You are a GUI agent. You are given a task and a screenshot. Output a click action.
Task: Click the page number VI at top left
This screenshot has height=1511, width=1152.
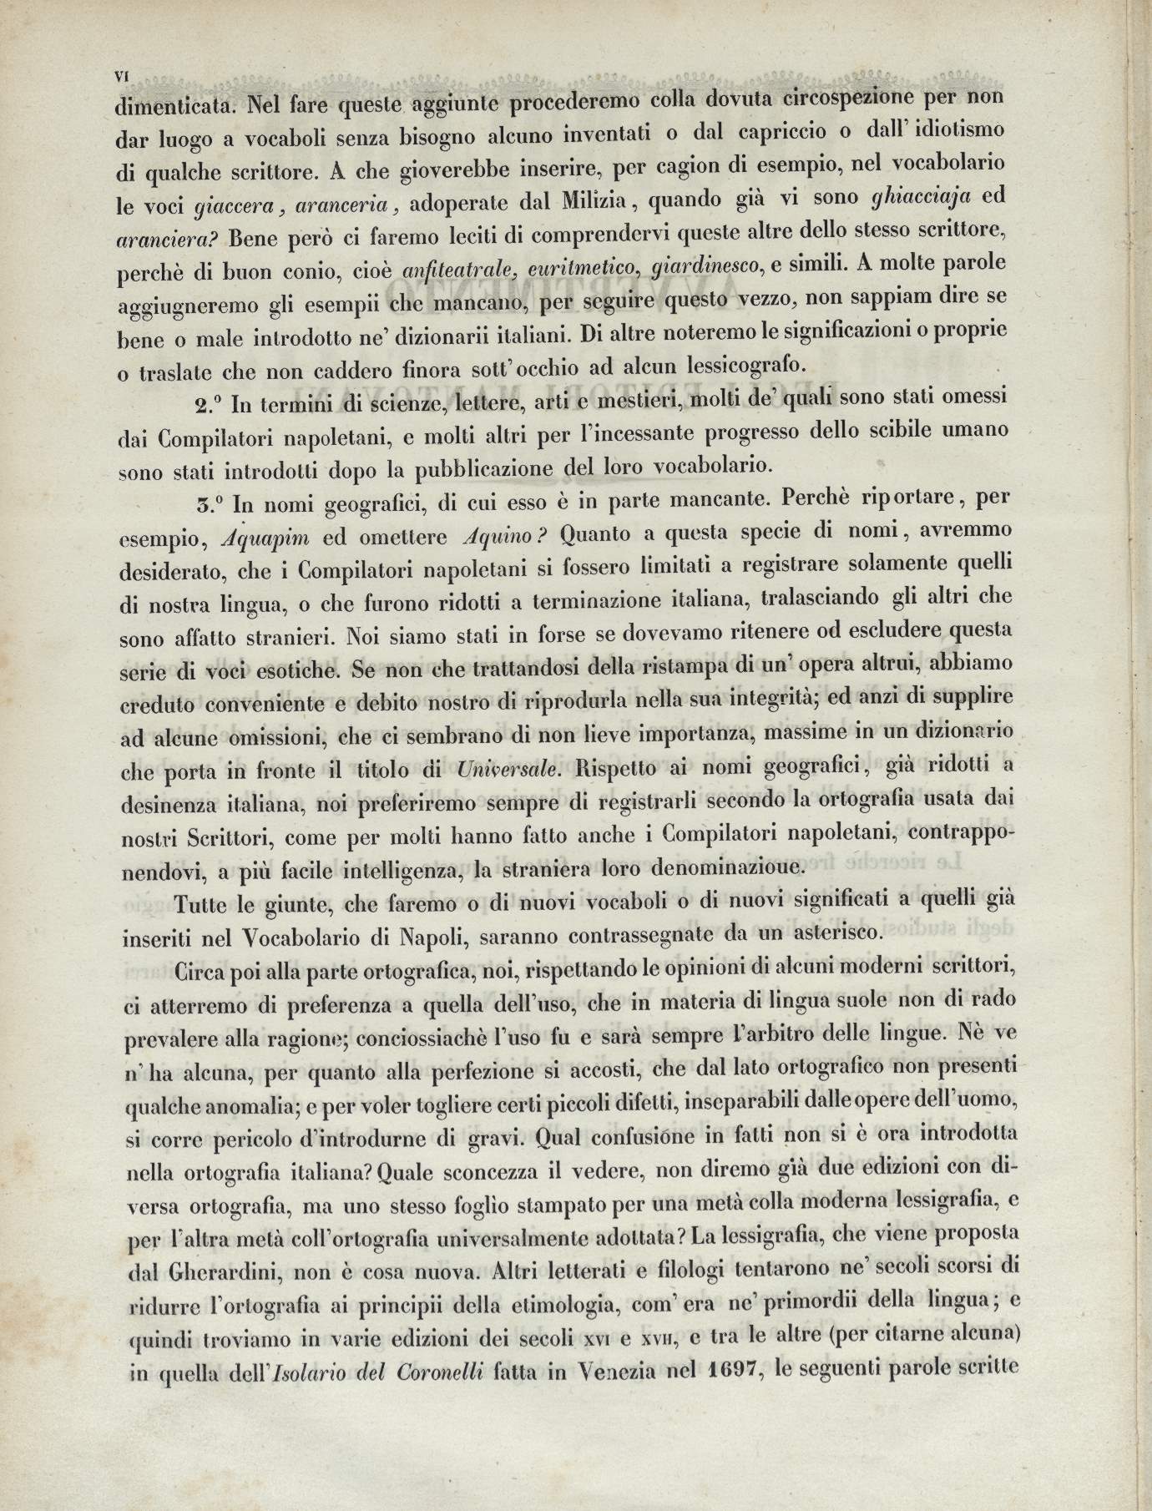[121, 75]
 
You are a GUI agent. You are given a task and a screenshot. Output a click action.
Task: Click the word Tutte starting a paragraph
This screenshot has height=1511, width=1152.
[204, 903]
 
